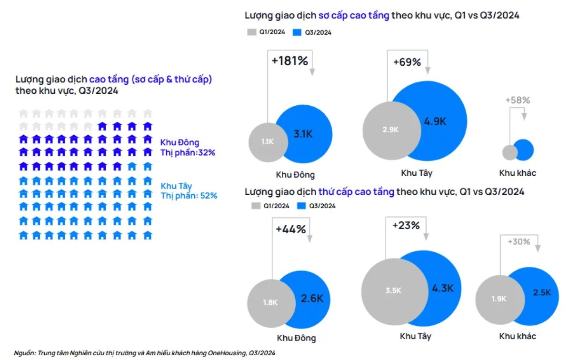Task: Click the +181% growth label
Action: tap(289, 61)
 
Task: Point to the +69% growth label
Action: tap(407, 62)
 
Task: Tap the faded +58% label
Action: tap(517, 100)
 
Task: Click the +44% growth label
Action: tap(290, 229)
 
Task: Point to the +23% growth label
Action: tap(406, 225)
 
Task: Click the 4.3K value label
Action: tap(443, 288)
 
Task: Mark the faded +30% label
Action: tap(518, 241)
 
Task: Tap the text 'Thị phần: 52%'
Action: tap(189, 195)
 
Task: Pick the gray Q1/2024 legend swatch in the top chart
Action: tap(252, 32)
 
